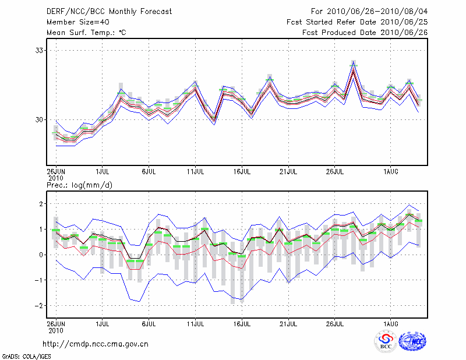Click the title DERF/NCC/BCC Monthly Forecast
coord(109,11)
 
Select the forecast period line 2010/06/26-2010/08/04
coord(369,11)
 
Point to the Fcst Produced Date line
coord(365,33)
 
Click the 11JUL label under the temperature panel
coord(195,172)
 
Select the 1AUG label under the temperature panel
coord(391,172)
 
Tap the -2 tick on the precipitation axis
coord(40,305)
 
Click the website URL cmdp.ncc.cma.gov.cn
coord(96,344)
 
